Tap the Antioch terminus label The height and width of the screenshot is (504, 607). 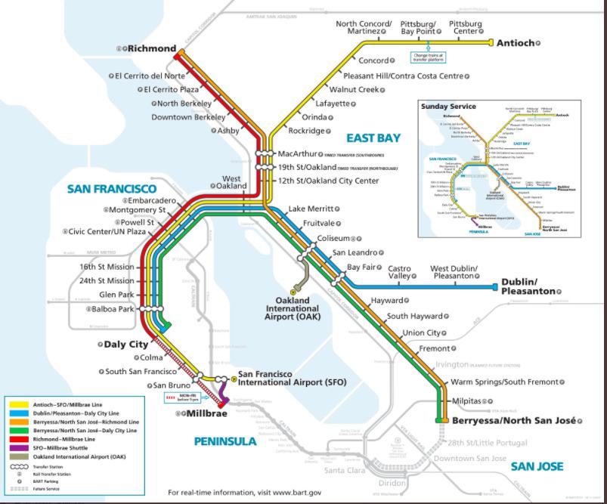pos(515,43)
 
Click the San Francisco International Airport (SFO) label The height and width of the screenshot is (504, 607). pos(292,379)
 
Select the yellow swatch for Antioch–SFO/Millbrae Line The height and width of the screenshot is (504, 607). pos(19,404)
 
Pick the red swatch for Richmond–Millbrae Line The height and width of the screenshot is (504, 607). pos(19,439)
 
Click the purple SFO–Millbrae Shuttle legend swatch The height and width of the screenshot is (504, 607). pos(19,448)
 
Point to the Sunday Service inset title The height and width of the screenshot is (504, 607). pos(448,107)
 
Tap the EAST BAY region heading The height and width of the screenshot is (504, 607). pos(373,138)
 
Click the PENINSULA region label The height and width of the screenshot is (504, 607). pos(225,441)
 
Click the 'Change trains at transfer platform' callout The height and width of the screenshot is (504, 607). pos(428,56)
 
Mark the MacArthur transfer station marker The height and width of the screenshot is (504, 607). pos(263,154)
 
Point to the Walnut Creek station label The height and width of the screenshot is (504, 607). pos(358,89)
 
